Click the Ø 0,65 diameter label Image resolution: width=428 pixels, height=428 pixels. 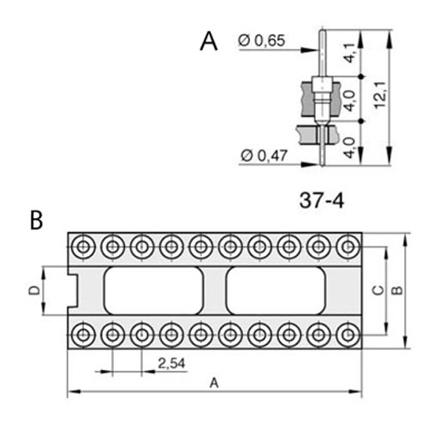tap(262, 40)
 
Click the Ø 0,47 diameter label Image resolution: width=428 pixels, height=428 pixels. tap(264, 156)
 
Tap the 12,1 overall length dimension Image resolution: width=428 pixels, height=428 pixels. tap(380, 96)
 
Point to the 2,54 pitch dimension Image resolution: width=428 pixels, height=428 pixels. tap(171, 364)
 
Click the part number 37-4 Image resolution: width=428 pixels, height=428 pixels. tap(322, 200)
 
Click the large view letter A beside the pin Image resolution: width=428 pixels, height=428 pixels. tap(209, 41)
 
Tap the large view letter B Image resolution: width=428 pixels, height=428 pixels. tap(37, 220)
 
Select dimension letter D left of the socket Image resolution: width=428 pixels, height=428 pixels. tap(34, 290)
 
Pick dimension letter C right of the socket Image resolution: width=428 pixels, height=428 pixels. tap(378, 290)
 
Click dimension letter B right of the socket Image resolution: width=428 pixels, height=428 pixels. tap(396, 290)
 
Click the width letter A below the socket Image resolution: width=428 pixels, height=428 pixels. tap(214, 383)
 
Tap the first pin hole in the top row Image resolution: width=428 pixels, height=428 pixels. tap(83, 247)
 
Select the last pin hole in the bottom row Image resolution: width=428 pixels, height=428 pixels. tap(348, 335)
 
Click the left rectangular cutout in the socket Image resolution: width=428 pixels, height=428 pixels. tap(153, 290)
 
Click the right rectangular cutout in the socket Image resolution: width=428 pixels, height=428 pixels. tap(276, 290)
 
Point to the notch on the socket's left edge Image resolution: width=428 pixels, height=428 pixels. tap(73, 290)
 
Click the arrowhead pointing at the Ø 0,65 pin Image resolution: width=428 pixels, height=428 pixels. tap(309, 50)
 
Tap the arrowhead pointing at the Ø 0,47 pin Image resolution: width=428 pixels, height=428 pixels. tap(310, 164)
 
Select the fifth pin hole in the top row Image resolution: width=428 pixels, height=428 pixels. tap(201, 247)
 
